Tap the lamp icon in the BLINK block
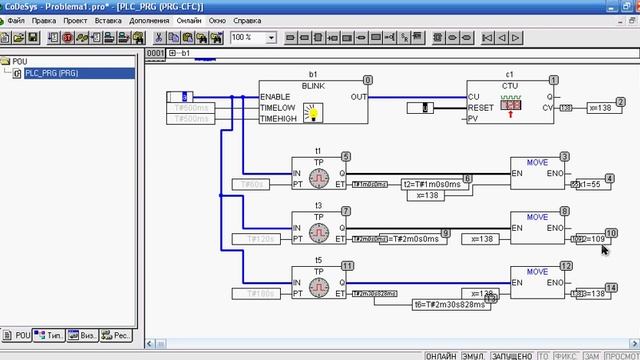click(312, 112)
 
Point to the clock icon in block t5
click(317, 286)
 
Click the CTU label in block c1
click(510, 86)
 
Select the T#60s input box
click(256, 184)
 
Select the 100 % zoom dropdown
click(254, 37)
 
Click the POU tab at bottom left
click(18, 336)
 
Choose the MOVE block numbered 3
click(537, 171)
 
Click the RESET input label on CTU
click(482, 106)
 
